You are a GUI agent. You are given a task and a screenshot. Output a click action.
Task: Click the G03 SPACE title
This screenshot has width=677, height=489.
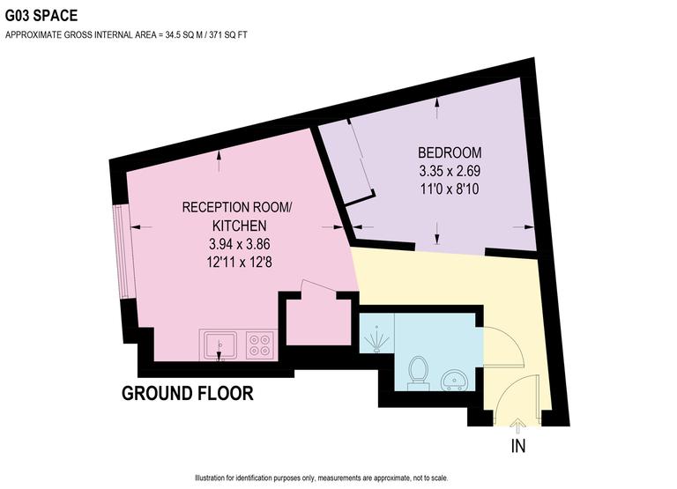point(41,15)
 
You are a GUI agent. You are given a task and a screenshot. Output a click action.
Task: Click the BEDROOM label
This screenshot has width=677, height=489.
point(450,151)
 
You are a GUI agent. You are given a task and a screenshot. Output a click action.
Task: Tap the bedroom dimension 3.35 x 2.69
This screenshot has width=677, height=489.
point(450,170)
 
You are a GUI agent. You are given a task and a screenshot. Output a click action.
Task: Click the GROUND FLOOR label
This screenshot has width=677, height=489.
point(187,393)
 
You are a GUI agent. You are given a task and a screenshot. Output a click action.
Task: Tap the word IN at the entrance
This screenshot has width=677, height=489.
point(517,446)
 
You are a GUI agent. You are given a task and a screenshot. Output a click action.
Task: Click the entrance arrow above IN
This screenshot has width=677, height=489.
point(517,426)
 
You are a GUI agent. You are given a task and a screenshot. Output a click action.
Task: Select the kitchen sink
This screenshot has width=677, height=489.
point(219,344)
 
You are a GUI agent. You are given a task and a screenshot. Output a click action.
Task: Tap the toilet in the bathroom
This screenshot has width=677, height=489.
point(420,370)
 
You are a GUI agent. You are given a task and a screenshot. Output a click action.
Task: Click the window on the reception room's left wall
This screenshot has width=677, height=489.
point(124,250)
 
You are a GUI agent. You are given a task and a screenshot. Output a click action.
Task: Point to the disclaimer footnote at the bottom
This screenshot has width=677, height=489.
point(338,477)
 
